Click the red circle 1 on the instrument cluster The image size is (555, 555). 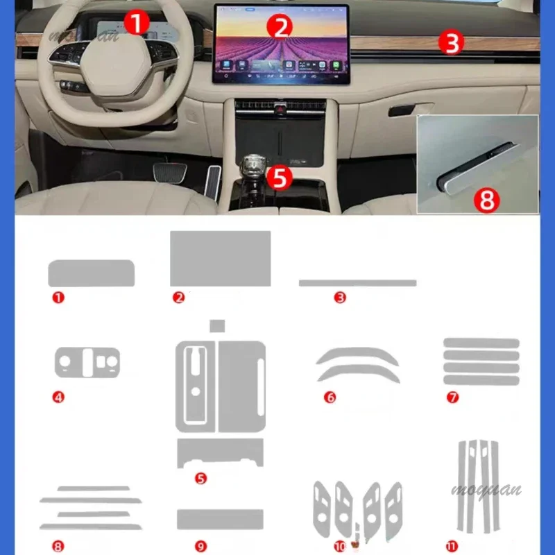tap(137, 24)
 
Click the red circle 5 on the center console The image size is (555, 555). tap(279, 178)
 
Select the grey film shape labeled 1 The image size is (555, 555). tap(91, 273)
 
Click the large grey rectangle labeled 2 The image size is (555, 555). tap(221, 258)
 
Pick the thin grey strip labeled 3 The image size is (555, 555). tap(357, 283)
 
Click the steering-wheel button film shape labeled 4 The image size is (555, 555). tap(87, 362)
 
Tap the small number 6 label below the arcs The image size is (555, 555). tap(330, 398)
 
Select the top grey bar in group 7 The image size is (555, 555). tap(481, 343)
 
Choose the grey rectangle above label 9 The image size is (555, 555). tap(220, 519)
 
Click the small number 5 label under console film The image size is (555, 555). tap(201, 478)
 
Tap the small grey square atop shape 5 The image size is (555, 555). tap(218, 326)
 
